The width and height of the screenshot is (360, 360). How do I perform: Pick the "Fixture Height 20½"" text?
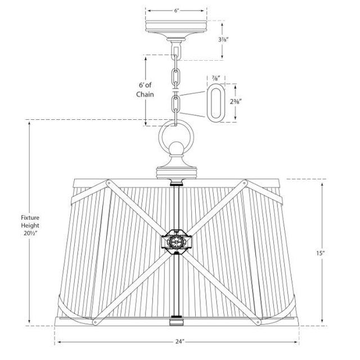[32, 225]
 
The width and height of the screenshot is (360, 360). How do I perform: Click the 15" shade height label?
[321, 253]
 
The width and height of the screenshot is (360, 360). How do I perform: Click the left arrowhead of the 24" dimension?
[57, 341]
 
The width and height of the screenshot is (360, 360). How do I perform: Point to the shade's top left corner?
[75, 179]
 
